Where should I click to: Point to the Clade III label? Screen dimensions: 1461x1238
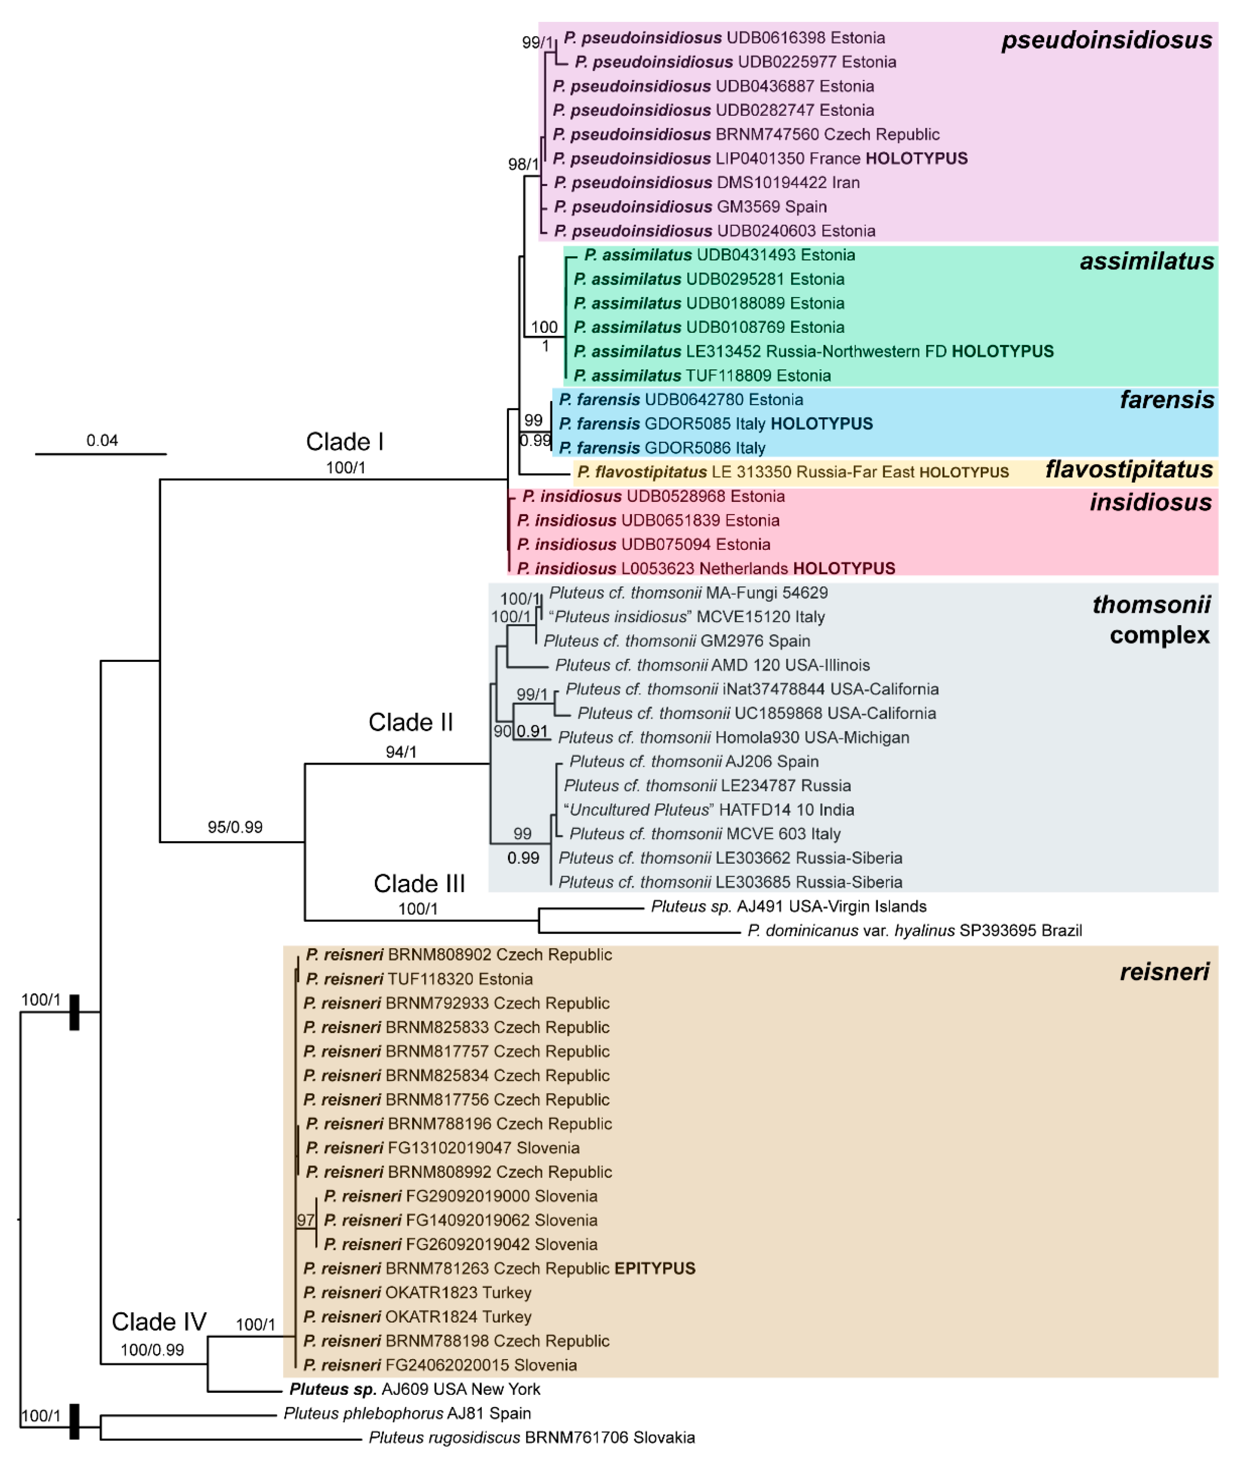(419, 883)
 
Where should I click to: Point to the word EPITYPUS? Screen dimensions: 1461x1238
(655, 1269)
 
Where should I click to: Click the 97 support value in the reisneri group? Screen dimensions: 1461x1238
(305, 1220)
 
